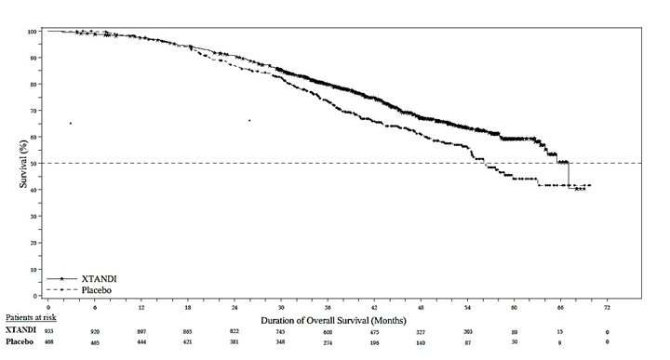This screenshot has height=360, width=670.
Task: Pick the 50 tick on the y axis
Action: coord(34,164)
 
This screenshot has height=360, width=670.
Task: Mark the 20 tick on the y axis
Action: coord(34,243)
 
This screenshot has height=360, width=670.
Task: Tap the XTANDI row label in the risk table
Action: coord(21,331)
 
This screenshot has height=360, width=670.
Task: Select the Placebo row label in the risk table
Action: coord(22,343)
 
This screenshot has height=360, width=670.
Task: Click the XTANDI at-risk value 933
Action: coord(48,331)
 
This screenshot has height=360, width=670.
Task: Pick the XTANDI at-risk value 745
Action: coord(281,331)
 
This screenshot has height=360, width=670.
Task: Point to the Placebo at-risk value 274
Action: coord(327,343)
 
